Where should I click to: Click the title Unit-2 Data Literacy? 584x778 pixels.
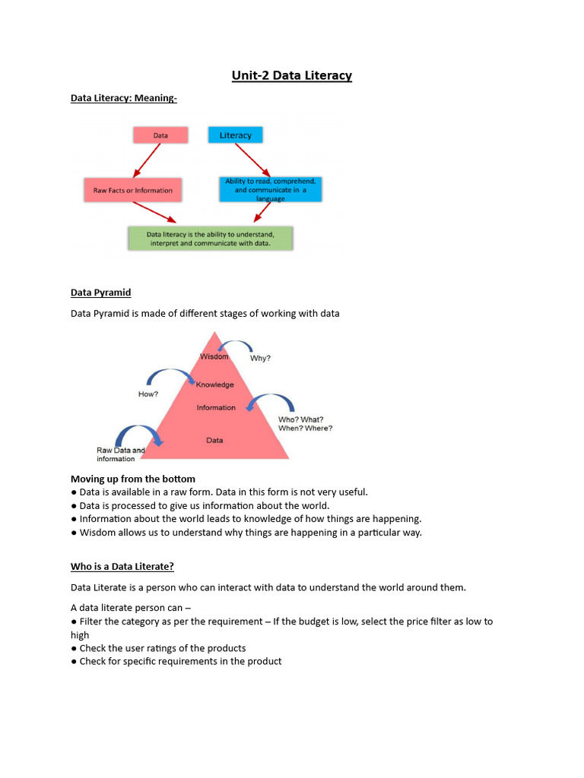click(292, 75)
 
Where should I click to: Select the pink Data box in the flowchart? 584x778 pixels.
click(160, 135)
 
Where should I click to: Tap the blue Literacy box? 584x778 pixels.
click(235, 135)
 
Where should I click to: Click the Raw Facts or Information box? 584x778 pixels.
click(133, 190)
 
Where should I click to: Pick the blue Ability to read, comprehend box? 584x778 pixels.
click(270, 189)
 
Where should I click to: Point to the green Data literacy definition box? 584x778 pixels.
click(210, 238)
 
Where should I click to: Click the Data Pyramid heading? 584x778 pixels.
click(100, 293)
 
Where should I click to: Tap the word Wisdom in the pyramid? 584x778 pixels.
click(214, 356)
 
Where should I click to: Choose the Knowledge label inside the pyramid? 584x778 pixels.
click(215, 384)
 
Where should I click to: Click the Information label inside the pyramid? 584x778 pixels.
click(216, 408)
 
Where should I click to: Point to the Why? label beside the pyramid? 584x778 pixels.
click(261, 359)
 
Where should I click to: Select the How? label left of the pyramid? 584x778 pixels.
click(148, 394)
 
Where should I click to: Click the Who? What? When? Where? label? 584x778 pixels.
click(305, 423)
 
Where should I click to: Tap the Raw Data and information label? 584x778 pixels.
click(120, 454)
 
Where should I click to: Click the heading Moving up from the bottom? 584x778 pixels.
click(133, 479)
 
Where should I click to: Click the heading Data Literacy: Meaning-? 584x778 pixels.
click(124, 98)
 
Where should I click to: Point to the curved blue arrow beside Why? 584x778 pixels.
click(236, 347)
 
